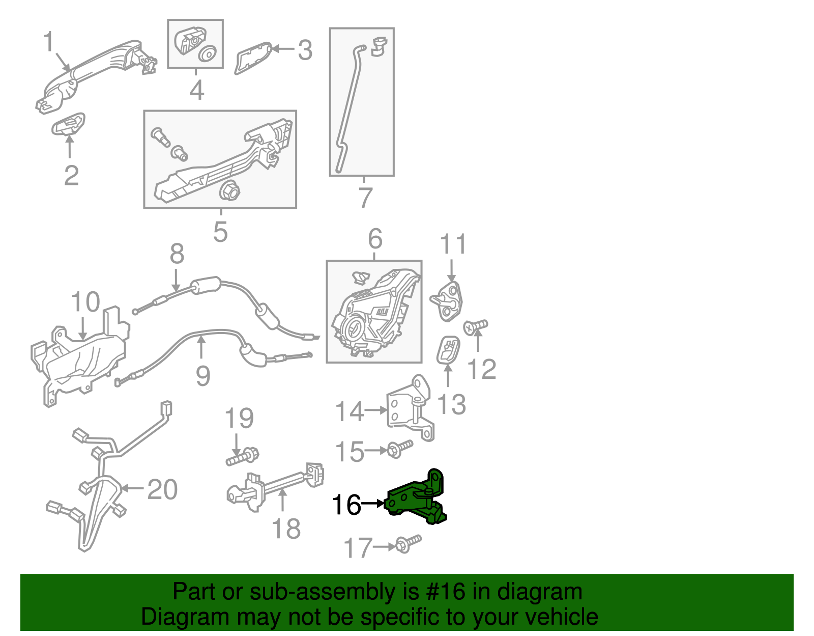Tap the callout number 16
(346, 505)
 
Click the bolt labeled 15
(400, 448)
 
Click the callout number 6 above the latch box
(375, 239)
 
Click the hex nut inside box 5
(228, 191)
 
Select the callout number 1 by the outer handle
(48, 42)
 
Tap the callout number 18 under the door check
(286, 529)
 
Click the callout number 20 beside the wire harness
(162, 489)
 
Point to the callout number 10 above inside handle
(85, 302)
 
